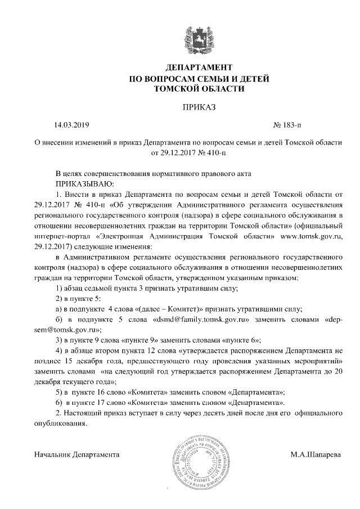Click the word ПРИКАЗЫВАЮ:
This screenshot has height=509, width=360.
pyautogui.click(x=84, y=183)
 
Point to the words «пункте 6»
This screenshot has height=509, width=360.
pyautogui.click(x=235, y=340)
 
